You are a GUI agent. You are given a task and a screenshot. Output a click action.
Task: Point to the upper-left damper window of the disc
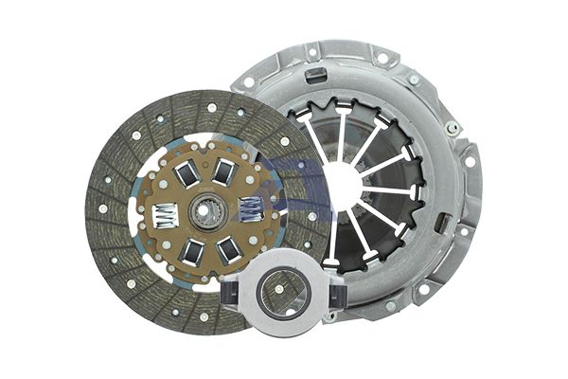[x=186, y=173]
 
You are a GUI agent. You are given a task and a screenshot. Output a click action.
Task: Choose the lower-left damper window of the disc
[x=191, y=252]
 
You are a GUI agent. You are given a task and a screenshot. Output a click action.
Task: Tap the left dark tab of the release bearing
[x=232, y=297]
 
